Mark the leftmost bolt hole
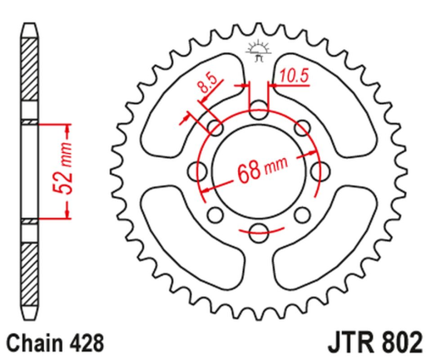[199, 172]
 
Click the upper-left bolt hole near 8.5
[216, 127]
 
